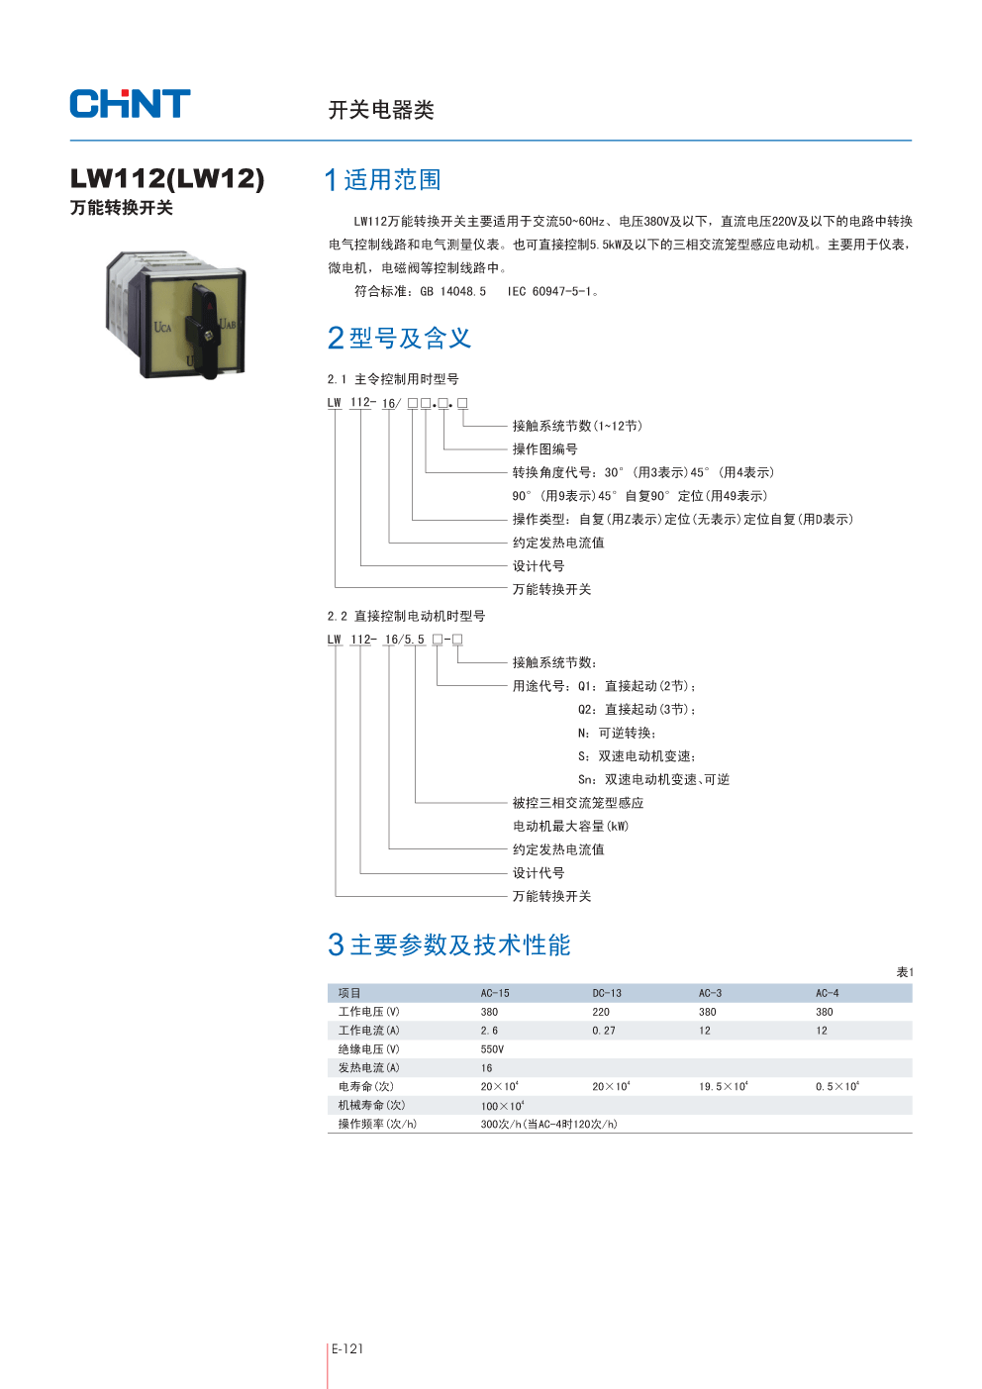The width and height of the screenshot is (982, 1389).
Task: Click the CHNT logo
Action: pyautogui.click(x=130, y=104)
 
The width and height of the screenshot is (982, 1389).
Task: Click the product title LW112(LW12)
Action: pyautogui.click(x=167, y=178)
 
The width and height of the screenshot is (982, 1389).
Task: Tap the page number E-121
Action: pyautogui.click(x=347, y=1348)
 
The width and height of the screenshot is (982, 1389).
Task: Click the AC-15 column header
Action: pyautogui.click(x=495, y=993)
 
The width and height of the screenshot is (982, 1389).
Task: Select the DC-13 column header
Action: pyautogui.click(x=607, y=993)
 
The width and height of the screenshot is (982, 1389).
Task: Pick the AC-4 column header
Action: pyautogui.click(x=827, y=993)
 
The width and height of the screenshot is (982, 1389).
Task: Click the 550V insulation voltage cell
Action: pyautogui.click(x=492, y=1049)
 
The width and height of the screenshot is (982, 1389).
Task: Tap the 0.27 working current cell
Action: pyautogui.click(x=604, y=1031)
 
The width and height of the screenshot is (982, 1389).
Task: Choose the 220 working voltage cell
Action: pyautogui.click(x=601, y=1012)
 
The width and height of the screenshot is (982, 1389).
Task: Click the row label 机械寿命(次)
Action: pyautogui.click(x=371, y=1105)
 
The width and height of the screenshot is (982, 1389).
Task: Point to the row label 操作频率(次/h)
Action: pyautogui.click(x=377, y=1124)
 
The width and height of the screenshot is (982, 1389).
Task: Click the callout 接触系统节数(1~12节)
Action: pyautogui.click(x=577, y=427)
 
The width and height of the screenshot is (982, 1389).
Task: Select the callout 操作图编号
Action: pyautogui.click(x=544, y=449)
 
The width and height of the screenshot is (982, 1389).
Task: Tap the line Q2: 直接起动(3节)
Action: pyautogui.click(x=638, y=710)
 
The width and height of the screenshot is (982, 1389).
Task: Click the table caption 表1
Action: pyautogui.click(x=905, y=972)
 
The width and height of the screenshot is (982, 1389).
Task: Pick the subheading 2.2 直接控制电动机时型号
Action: pyautogui.click(x=406, y=616)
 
